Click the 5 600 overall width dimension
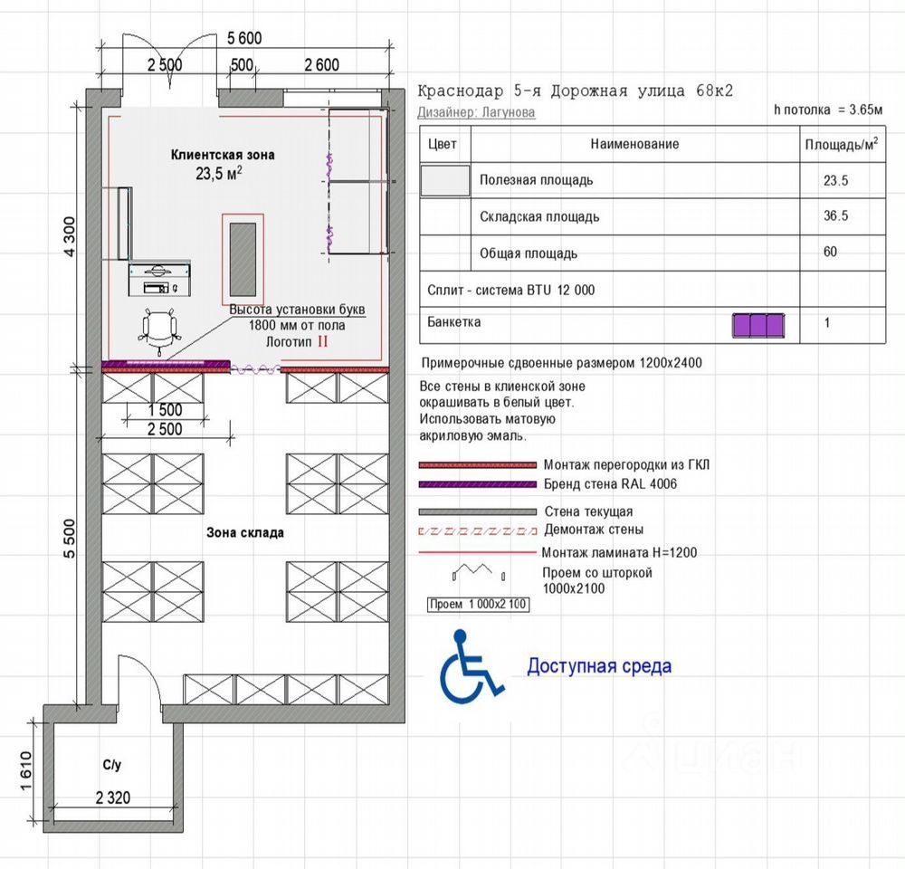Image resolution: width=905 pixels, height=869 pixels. [244, 38]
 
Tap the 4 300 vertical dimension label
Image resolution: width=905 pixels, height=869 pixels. [70, 237]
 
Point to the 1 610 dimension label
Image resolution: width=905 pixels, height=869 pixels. [26, 772]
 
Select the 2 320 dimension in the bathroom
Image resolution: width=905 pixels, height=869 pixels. [113, 797]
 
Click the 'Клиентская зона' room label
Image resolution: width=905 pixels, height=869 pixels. [223, 155]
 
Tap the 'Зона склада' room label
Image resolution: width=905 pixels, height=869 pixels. [245, 532]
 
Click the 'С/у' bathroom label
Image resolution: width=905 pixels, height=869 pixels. [112, 765]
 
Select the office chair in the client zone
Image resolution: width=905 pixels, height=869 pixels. [159, 331]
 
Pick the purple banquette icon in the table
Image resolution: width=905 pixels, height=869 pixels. [758, 326]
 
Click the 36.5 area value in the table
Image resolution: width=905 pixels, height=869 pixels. [835, 216]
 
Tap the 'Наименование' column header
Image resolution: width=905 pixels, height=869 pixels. [634, 144]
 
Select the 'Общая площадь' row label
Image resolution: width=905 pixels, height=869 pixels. [529, 253]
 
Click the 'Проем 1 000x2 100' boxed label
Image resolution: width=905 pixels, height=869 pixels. [478, 605]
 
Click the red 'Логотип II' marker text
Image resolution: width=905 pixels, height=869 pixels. [297, 342]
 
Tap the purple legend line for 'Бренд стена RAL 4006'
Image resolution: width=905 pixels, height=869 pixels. [477, 484]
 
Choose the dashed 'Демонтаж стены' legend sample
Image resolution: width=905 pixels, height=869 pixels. [477, 530]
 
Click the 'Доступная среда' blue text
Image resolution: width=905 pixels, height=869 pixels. [599, 665]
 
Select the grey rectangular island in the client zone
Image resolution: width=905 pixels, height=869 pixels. [243, 260]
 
